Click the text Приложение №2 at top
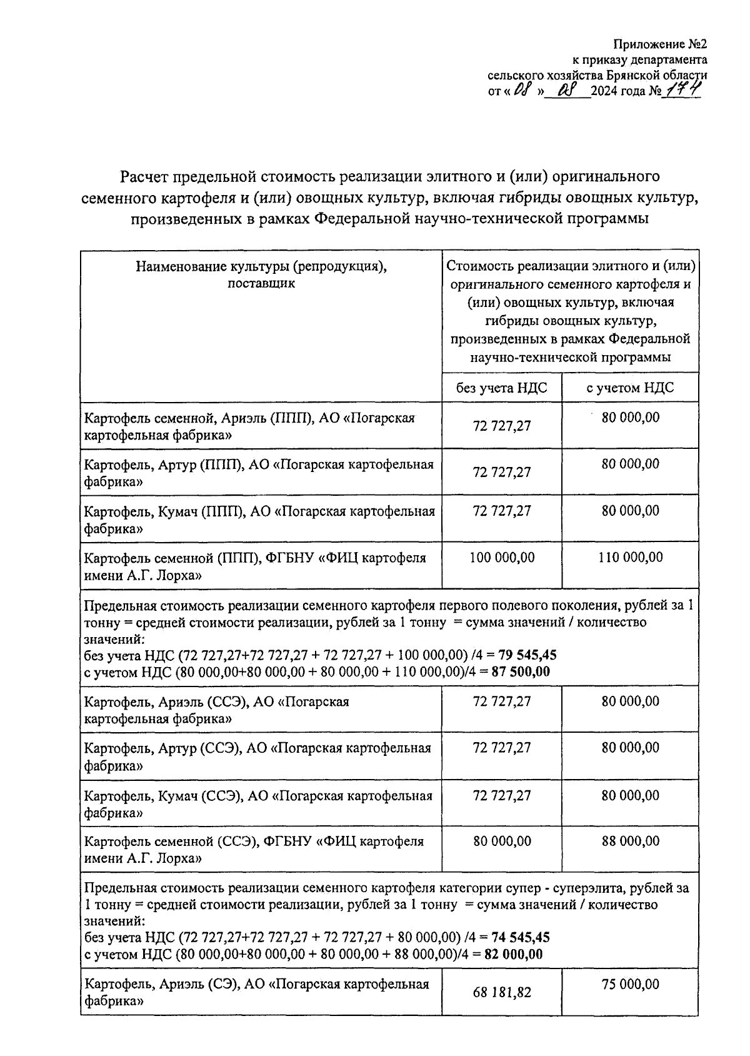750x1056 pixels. point(661,44)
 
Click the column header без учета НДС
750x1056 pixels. point(501,388)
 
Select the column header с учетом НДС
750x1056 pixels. point(629,388)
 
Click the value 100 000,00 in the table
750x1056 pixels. point(501,558)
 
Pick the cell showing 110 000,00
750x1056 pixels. point(630,558)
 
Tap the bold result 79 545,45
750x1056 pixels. point(524,656)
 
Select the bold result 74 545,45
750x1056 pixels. point(521,938)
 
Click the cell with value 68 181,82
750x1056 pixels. point(502,992)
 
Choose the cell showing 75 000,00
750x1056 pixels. point(630,985)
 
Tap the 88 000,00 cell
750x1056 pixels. point(630,842)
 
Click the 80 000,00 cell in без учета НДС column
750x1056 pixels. point(502,842)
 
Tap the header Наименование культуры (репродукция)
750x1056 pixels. point(261,267)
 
